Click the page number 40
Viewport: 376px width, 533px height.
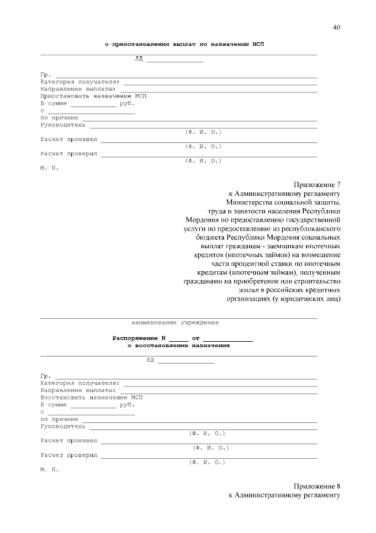(x=336, y=27)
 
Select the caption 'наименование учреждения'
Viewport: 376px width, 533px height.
(x=175, y=322)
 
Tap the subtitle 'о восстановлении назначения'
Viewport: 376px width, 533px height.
(x=179, y=346)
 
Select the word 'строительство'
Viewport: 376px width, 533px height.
(x=317, y=279)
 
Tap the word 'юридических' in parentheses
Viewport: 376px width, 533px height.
(x=297, y=298)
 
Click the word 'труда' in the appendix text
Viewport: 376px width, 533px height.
(x=219, y=212)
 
